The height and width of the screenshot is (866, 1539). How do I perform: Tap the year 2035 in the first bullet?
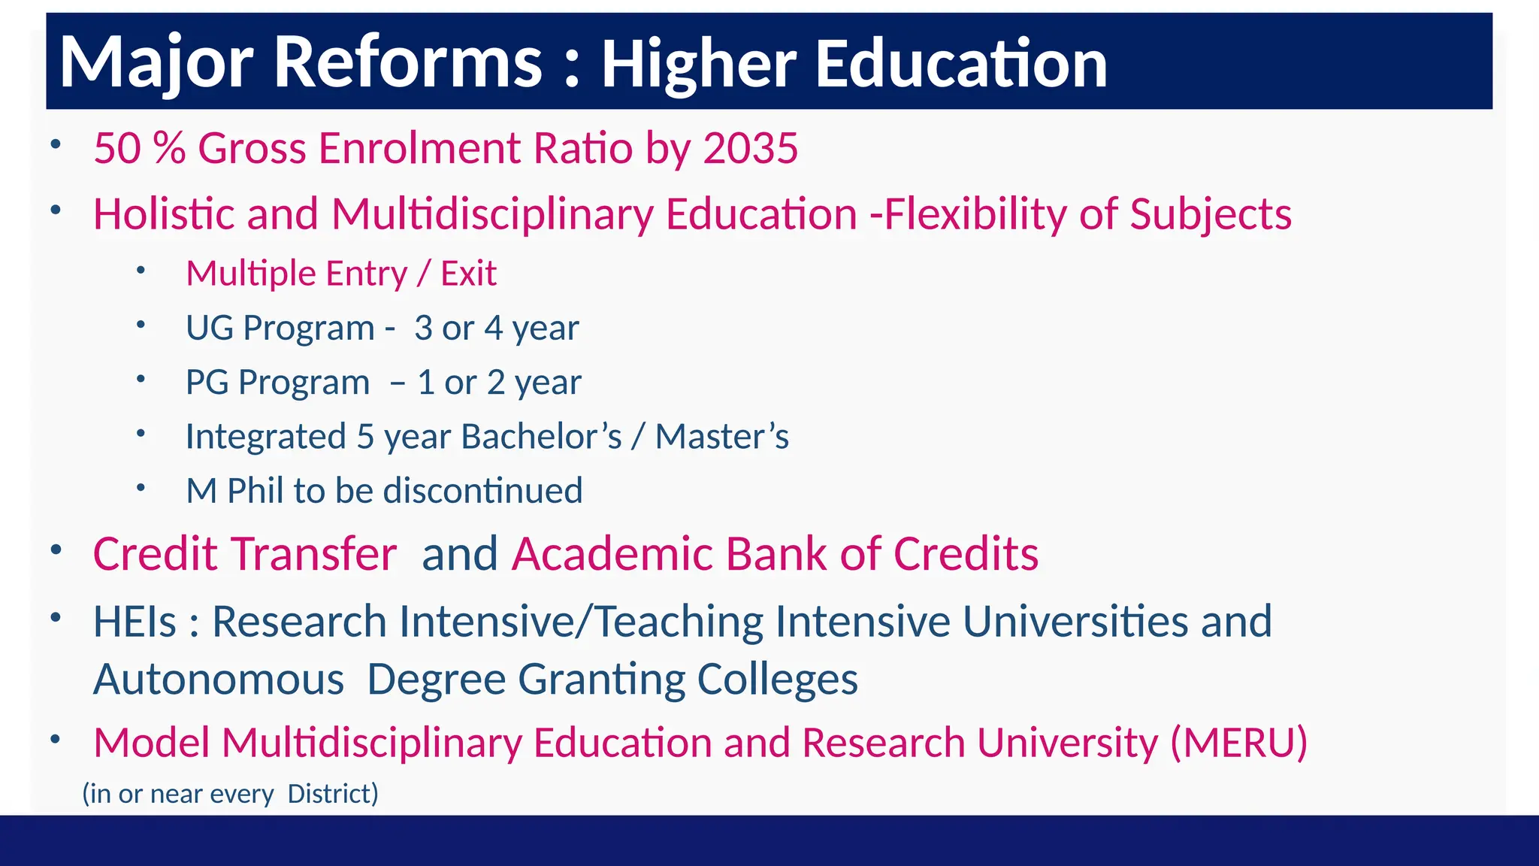point(750,148)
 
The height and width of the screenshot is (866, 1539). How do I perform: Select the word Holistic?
point(164,214)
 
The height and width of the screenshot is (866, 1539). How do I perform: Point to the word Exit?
point(468,274)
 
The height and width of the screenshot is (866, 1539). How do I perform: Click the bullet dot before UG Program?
point(141,325)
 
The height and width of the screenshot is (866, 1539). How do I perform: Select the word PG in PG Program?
point(207,383)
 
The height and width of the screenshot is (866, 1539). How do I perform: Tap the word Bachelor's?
point(541,437)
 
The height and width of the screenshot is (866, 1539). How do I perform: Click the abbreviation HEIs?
point(135,622)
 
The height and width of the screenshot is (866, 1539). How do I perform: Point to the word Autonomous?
point(219,680)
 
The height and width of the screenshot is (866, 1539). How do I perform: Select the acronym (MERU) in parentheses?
point(1238,743)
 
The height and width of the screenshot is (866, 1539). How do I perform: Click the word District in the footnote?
point(332,794)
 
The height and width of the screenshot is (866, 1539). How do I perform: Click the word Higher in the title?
point(698,63)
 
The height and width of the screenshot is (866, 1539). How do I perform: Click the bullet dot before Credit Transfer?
point(56,550)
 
